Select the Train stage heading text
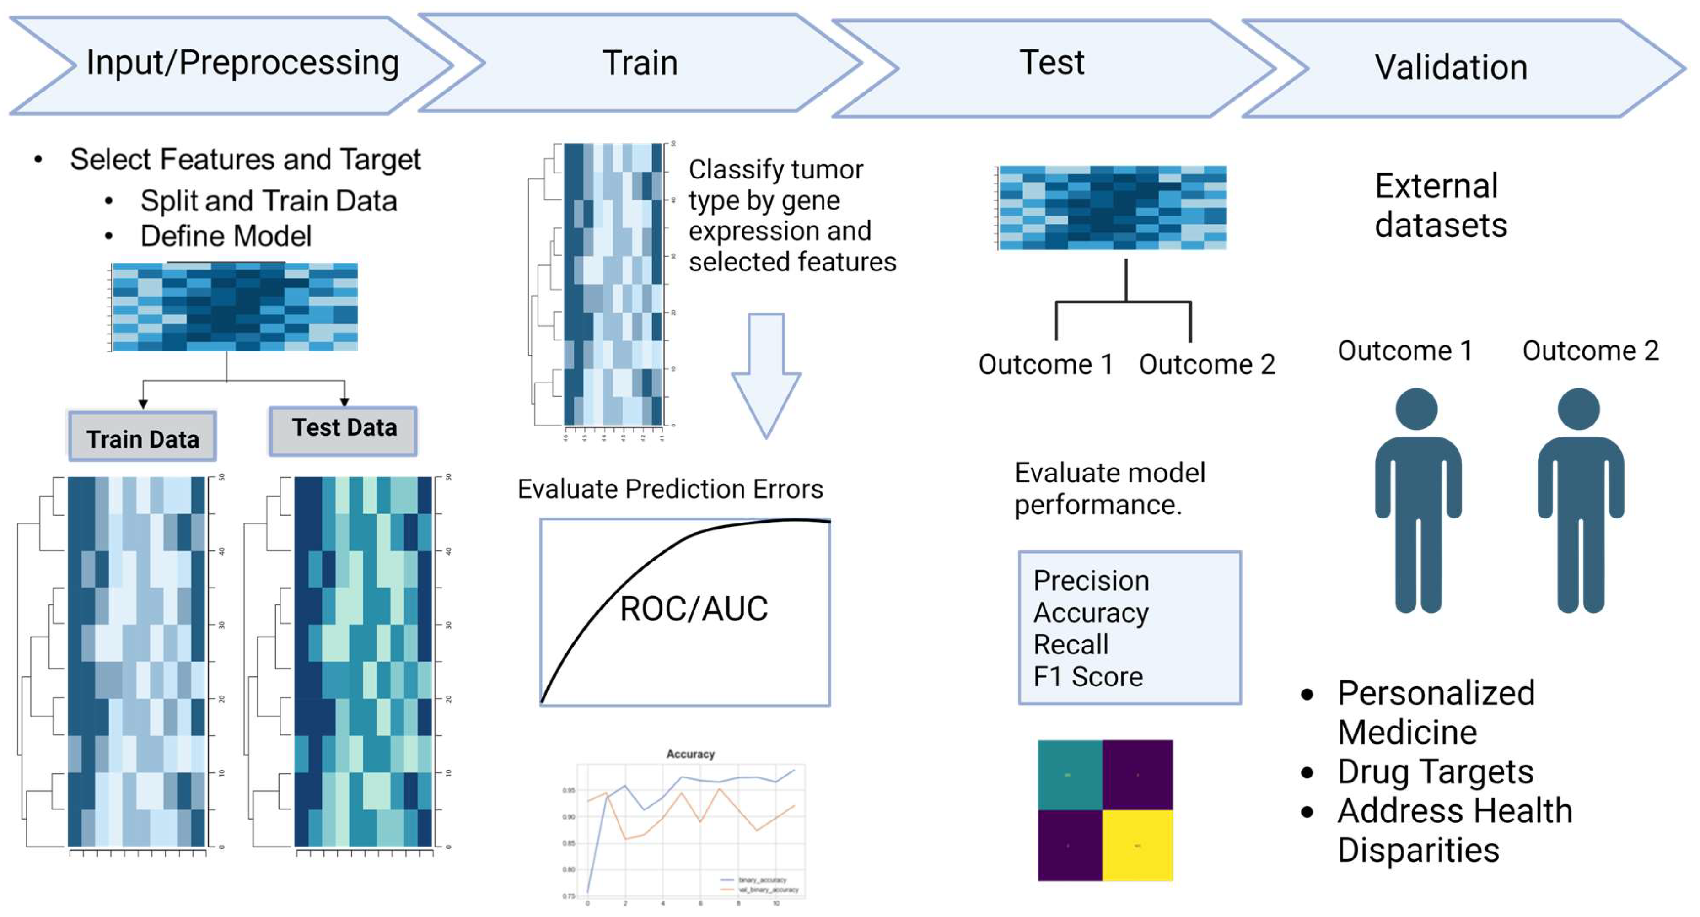coord(640,64)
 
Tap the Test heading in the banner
coord(1051,63)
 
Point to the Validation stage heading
coord(1451,67)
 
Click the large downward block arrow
coord(765,373)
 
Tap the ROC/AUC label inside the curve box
coord(694,608)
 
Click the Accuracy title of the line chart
coord(690,753)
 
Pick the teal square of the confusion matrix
coord(1069,774)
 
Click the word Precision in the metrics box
coord(1091,580)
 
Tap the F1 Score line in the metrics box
coord(1087,676)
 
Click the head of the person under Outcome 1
coord(1416,409)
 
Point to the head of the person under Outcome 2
coord(1579,409)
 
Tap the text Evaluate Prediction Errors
coord(670,489)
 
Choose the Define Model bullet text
coord(226,236)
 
